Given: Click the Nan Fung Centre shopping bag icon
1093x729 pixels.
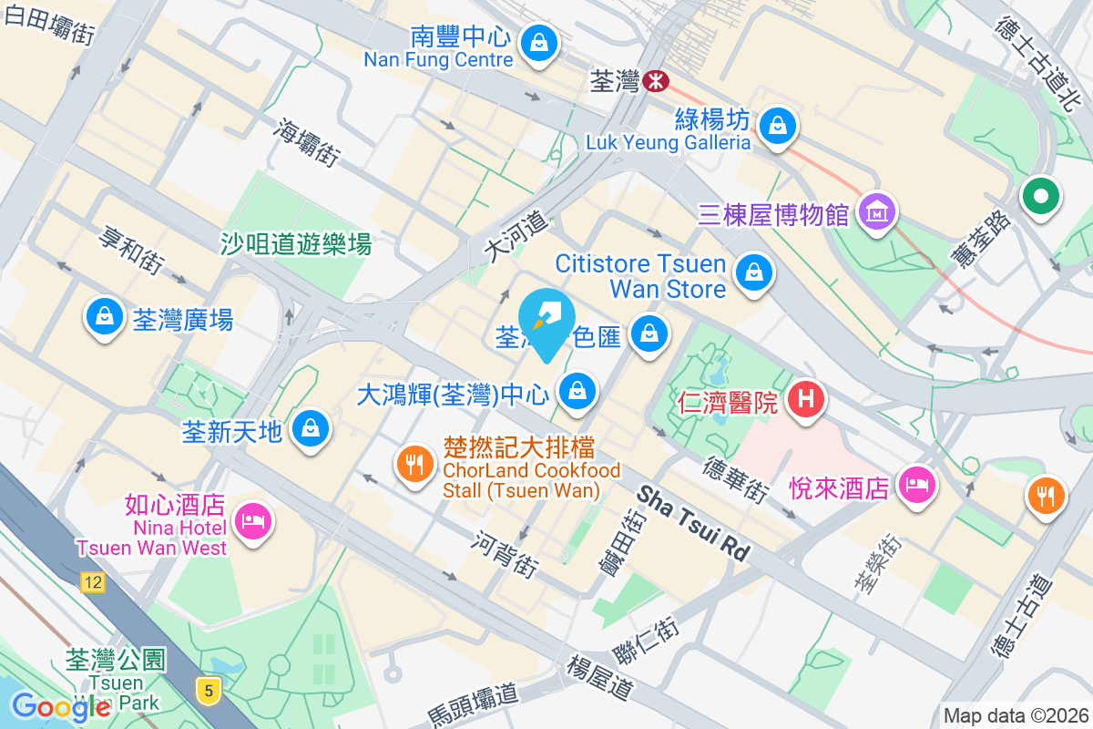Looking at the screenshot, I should coord(539,42).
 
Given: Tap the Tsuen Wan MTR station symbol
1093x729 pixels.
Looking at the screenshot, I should coord(654,81).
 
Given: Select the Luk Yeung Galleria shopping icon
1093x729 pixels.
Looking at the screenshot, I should coord(777,125).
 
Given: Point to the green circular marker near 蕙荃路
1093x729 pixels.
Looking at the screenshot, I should coord(1040,196).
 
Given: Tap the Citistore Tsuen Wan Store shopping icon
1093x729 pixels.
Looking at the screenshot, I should coord(753,272).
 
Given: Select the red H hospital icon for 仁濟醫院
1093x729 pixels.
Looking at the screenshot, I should coord(805,398).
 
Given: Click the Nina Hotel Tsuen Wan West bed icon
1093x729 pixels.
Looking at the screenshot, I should coord(251,521).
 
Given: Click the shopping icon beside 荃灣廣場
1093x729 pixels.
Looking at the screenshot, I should coord(105,316).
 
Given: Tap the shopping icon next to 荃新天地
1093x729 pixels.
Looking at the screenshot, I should coord(311,426).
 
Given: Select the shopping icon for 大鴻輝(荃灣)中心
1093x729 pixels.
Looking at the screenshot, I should coord(576,392).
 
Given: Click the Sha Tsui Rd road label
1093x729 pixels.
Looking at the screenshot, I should coord(693,523).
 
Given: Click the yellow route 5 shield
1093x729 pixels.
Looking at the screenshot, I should coord(209,691).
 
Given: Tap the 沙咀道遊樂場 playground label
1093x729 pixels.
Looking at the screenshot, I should coord(296,243).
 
